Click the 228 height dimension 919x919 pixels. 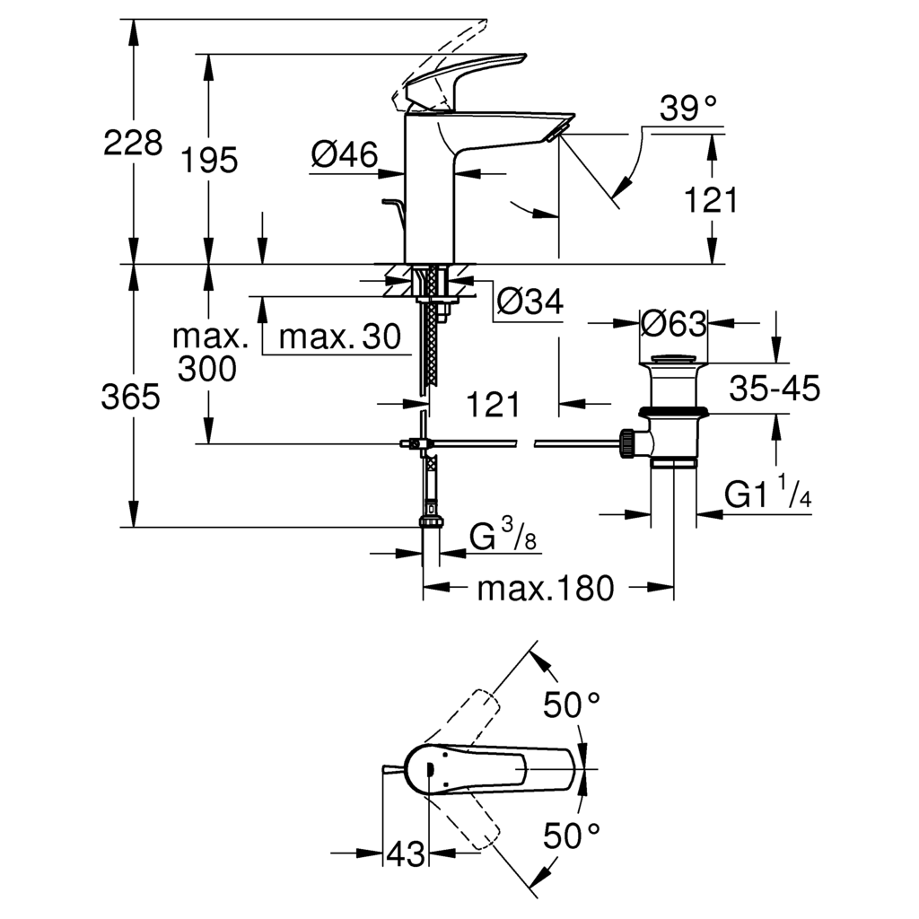point(133,143)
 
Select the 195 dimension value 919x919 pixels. point(209,160)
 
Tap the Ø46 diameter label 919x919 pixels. point(345,154)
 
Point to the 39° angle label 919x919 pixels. point(688,108)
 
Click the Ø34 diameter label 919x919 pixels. point(530,302)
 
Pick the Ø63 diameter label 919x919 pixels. point(674,323)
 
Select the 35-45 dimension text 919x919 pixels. point(775,388)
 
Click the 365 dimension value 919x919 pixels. point(130,397)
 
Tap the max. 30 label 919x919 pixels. point(340,337)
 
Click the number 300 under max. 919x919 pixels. point(207,369)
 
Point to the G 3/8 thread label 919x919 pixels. point(503,536)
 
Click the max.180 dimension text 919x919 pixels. point(546,588)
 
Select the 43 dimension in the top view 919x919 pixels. point(406,854)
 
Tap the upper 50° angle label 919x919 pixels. point(572,705)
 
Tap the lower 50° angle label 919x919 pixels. point(572,836)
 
